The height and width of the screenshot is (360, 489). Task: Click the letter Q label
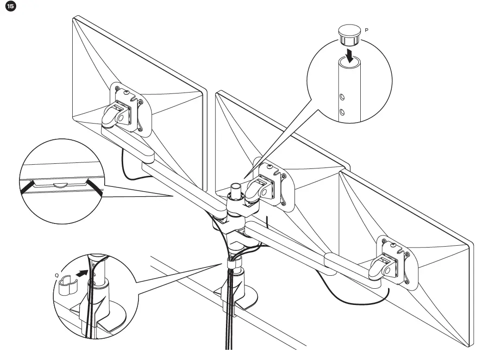point(57,275)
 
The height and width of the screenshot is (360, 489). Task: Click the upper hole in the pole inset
point(342,97)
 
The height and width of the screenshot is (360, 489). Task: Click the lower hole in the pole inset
point(342,112)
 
